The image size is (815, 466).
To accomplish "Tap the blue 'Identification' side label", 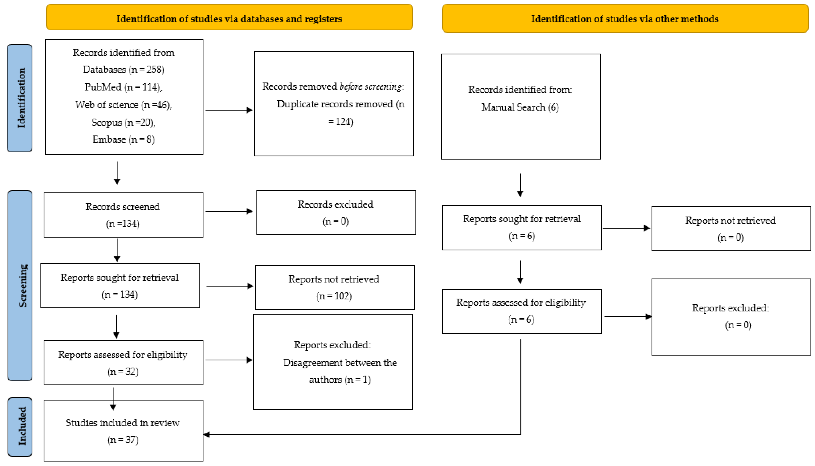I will click(20, 98).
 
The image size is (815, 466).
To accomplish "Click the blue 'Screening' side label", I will click(20, 285).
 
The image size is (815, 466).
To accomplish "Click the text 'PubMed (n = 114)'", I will click(123, 87).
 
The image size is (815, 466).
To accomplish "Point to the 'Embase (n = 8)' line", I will click(123, 140).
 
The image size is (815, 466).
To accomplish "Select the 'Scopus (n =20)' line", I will click(123, 122).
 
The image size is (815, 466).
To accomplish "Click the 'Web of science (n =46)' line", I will click(123, 105).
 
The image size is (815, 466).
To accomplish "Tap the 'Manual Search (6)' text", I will click(520, 107).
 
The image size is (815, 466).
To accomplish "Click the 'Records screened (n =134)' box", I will click(123, 215).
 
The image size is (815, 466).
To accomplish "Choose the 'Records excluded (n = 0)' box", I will click(336, 212).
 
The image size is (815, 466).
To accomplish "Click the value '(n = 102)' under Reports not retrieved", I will click(334, 296).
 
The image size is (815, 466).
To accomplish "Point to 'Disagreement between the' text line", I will click(340, 363).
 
